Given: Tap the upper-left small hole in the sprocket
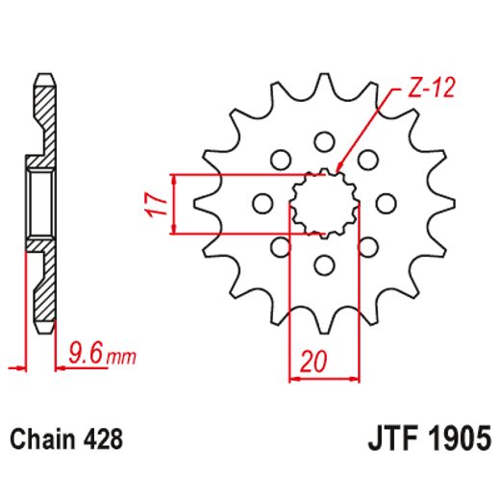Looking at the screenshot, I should click(281, 159).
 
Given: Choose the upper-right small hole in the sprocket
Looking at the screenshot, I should click(367, 159).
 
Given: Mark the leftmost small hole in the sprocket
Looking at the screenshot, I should click(260, 203).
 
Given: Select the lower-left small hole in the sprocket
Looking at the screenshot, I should click(280, 247).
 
